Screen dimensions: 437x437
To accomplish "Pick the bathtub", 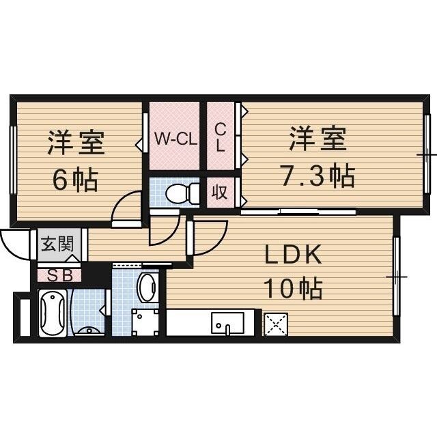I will coord(52,314).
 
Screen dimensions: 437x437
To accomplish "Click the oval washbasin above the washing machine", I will coord(147,287).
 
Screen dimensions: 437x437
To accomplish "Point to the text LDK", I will coord(293,256).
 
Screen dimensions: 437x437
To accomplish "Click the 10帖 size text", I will coord(293,289).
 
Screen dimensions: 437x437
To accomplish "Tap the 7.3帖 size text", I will coord(318,177).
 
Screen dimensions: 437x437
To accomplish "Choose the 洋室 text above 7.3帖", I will coord(317,142).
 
